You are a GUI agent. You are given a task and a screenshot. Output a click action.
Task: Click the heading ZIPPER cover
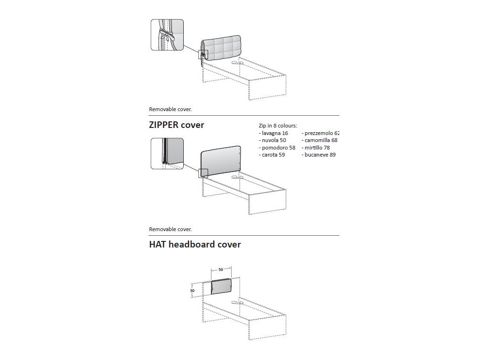177,125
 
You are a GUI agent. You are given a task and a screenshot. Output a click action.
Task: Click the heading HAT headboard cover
195,244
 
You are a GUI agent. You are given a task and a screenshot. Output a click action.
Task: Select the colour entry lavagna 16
274,133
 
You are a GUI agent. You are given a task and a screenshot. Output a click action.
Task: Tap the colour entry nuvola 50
272,140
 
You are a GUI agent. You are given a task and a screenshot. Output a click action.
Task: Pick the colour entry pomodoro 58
276,147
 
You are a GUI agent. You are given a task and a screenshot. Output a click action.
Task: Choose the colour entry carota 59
272,154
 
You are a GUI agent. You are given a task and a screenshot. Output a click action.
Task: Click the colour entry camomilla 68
320,140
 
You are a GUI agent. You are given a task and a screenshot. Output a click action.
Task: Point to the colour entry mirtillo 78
317,147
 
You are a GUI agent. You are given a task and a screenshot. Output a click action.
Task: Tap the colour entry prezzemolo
321,133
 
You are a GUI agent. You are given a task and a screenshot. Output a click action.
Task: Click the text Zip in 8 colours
278,126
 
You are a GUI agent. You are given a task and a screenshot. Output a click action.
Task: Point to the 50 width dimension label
220,270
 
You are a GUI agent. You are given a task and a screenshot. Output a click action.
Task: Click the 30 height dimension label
192,291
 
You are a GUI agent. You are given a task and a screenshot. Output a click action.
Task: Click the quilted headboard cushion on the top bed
221,48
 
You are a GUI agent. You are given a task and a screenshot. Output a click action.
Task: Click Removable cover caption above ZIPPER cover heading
171,109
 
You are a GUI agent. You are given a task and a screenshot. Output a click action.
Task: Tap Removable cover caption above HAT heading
171,229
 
